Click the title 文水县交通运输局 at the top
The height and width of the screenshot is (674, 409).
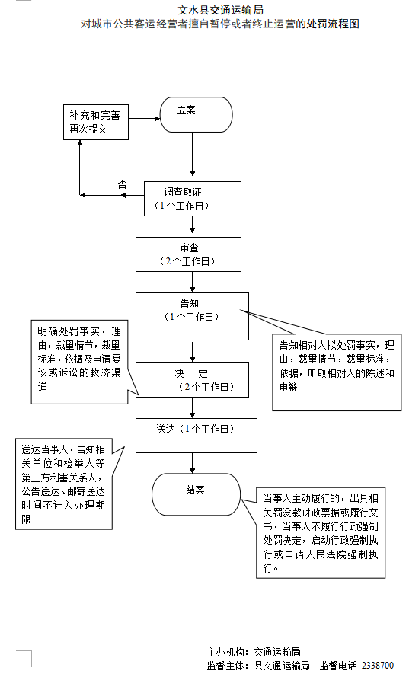click(220, 10)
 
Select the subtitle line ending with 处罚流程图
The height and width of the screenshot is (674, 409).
click(220, 24)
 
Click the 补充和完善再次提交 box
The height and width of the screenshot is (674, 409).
click(95, 123)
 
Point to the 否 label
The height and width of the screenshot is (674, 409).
click(122, 184)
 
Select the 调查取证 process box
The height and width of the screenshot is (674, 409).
click(193, 198)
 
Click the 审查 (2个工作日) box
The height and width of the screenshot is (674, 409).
click(188, 254)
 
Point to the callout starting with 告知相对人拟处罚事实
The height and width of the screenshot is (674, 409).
click(337, 366)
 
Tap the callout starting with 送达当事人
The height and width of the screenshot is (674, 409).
click(63, 484)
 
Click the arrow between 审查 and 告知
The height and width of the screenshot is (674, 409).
click(193, 282)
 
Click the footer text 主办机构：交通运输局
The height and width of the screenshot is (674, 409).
click(253, 652)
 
